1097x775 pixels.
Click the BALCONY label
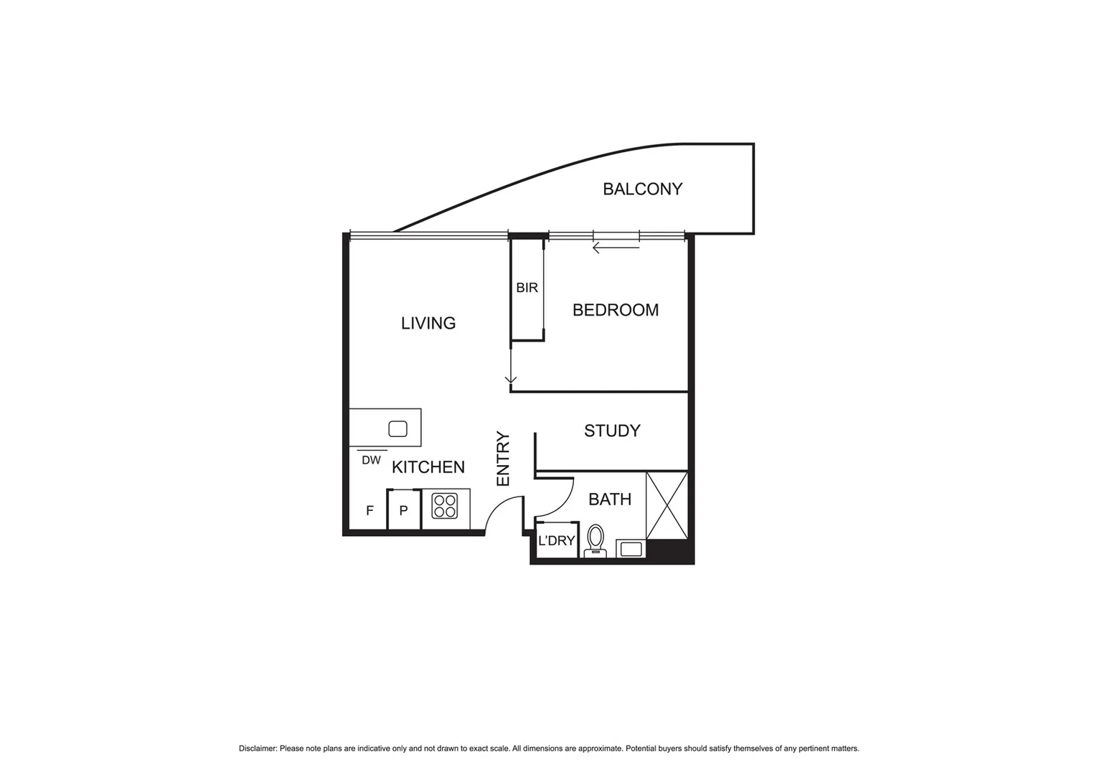642,189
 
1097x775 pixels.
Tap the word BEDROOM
615,310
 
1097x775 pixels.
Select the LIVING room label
428,323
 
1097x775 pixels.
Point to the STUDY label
612,431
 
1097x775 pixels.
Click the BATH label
610,499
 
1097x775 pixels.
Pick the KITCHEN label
428,467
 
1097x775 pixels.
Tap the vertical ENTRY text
503,459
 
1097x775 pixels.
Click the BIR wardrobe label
527,288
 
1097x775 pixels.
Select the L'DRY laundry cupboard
557,540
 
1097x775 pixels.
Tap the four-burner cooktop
445,507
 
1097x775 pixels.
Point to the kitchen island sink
397,428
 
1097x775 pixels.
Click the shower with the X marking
667,505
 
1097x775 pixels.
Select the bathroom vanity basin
631,549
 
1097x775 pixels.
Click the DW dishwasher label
371,460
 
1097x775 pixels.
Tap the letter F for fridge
370,511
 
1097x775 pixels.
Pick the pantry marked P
403,511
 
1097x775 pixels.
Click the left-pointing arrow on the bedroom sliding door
616,248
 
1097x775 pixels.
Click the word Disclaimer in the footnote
258,748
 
